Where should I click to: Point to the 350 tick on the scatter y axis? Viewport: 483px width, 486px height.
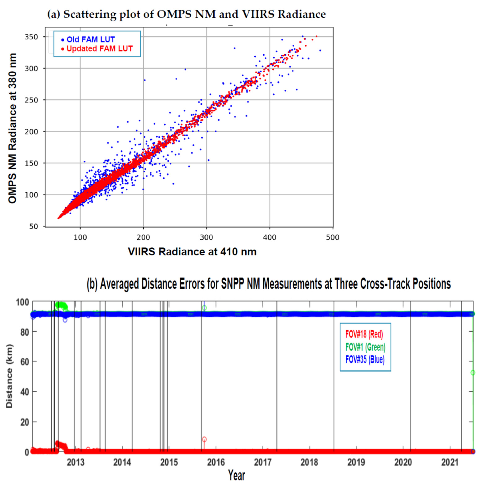(34, 37)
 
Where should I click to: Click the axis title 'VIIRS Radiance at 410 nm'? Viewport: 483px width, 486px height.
(192, 252)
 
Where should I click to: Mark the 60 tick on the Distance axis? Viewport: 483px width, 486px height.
(25, 362)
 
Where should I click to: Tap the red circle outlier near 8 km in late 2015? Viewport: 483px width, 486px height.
(204, 439)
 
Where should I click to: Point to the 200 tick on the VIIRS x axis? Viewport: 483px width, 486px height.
(143, 237)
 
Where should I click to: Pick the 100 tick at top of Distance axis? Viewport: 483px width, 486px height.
(23, 302)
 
